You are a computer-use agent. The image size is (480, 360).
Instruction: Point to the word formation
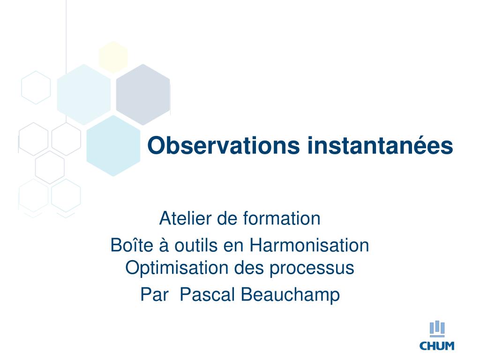click(x=282, y=218)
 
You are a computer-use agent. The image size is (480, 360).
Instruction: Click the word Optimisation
click(x=177, y=268)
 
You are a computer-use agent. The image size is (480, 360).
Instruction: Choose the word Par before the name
click(x=155, y=294)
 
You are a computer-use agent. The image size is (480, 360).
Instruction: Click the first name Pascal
click(x=208, y=294)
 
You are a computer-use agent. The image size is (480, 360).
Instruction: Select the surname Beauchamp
click(x=291, y=295)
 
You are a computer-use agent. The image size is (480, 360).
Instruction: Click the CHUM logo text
click(x=437, y=346)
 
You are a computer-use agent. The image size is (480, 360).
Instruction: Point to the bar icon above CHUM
click(x=437, y=329)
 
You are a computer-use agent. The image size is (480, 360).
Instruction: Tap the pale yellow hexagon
click(x=113, y=57)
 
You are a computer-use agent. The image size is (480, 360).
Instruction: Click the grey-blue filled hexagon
click(x=143, y=95)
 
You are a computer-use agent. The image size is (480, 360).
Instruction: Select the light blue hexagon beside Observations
click(x=113, y=146)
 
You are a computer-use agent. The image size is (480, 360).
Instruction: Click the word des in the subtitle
click(x=249, y=268)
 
